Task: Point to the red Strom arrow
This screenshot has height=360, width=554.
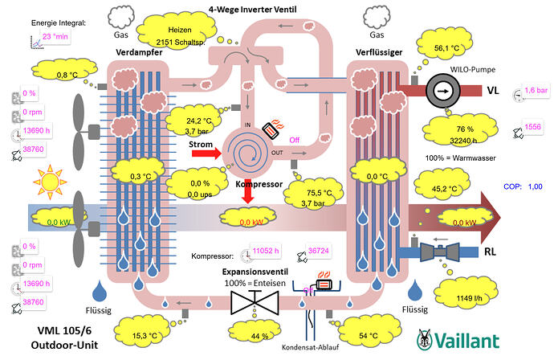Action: (x=205, y=152)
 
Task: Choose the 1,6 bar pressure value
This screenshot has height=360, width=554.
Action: (x=535, y=92)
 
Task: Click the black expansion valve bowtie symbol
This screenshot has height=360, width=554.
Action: (x=253, y=302)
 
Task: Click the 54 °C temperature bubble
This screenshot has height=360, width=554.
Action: (x=369, y=333)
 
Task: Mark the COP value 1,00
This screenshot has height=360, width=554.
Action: (x=536, y=186)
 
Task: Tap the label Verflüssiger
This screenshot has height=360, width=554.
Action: (x=378, y=52)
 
